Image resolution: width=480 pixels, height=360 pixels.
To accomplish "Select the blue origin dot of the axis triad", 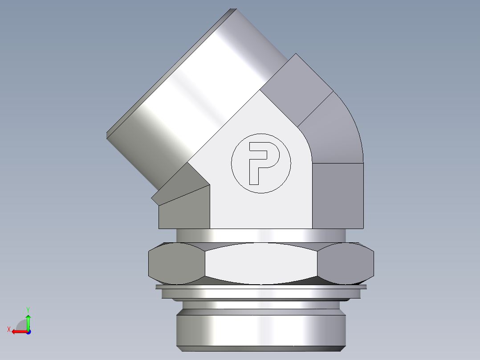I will pos(28,331).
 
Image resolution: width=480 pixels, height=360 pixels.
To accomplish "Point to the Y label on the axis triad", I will pos(28,309).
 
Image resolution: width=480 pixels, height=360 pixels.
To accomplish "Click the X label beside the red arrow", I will pos(8,329).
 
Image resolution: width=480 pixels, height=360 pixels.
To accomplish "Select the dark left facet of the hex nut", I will pos(176,263).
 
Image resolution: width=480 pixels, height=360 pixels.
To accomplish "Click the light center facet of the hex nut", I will pos(261,263).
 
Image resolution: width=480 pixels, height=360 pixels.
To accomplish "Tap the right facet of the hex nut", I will pos(346,263).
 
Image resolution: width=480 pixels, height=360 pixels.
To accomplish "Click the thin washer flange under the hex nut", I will pos(261,287).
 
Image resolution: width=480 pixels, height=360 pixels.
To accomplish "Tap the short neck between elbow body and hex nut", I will pos(261,235).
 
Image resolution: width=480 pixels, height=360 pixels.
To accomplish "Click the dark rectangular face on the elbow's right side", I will pos(338,196).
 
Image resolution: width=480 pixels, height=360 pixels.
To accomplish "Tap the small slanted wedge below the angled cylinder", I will pos(178,187).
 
